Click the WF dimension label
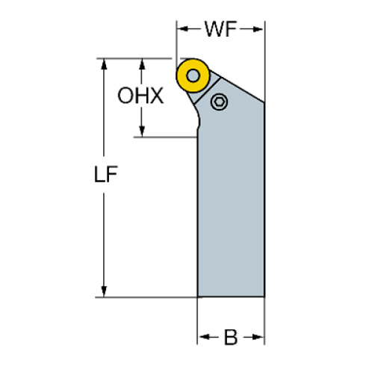pos(220,30)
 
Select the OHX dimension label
pos(140,96)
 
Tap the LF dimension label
pos(105,176)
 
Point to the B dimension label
pos(231,338)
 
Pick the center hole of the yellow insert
pos(193,76)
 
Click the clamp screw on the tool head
pos(219,102)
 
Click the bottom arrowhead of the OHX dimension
pos(140,132)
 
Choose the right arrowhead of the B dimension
pos(260,338)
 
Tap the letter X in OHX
pos(155,96)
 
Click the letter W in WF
pos(213,30)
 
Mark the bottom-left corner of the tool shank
pos(199,296)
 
